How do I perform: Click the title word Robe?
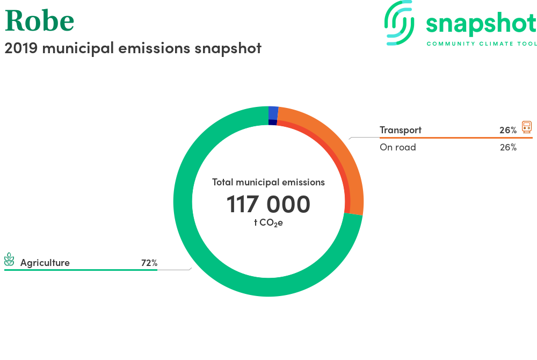(x=39, y=20)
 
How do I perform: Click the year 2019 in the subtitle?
(x=21, y=48)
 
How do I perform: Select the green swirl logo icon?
(x=399, y=23)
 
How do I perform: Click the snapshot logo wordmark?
(x=481, y=24)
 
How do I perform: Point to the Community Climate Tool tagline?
(x=482, y=44)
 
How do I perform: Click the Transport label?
(x=401, y=130)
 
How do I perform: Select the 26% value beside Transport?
(x=508, y=130)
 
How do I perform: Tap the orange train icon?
(x=527, y=127)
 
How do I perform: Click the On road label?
(x=397, y=147)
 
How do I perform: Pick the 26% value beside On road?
(x=508, y=147)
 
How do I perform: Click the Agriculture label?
(x=45, y=263)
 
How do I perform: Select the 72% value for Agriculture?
(x=149, y=263)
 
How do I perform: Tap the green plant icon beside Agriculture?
(x=9, y=260)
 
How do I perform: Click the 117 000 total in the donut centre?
(x=268, y=204)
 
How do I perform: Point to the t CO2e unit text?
(x=268, y=222)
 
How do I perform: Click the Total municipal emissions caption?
(x=268, y=182)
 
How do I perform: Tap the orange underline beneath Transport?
(x=456, y=138)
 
